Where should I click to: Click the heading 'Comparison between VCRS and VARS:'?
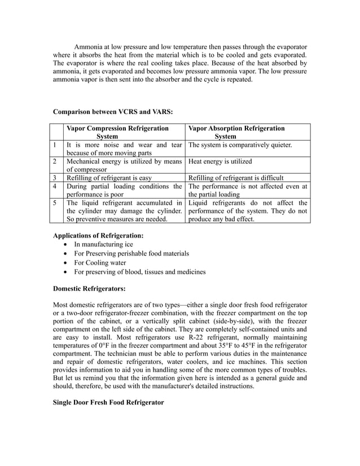(x=113, y=112)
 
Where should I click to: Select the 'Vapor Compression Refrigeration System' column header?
(x=117, y=132)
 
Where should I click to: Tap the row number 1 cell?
(x=54, y=145)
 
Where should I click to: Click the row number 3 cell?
(x=54, y=177)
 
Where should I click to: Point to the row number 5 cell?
(x=54, y=203)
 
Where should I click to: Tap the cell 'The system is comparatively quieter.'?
(x=240, y=145)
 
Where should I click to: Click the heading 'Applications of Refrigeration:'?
(x=98, y=235)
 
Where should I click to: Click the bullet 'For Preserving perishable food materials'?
(x=131, y=253)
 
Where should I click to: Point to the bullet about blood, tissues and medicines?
(x=140, y=271)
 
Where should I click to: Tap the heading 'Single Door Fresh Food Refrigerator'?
(x=108, y=402)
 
